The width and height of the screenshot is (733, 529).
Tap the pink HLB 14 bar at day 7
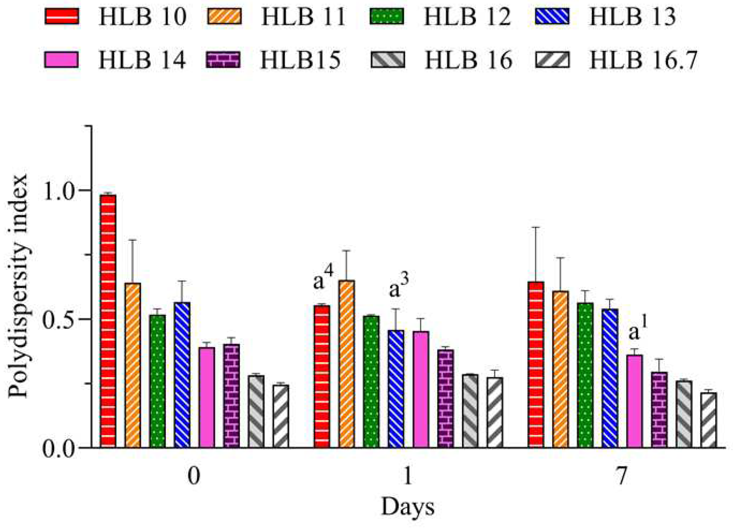(635, 401)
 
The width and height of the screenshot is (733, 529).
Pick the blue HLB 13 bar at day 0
(182, 375)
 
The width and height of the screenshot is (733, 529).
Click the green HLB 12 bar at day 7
(585, 375)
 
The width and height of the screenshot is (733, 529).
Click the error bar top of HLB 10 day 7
(536, 228)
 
